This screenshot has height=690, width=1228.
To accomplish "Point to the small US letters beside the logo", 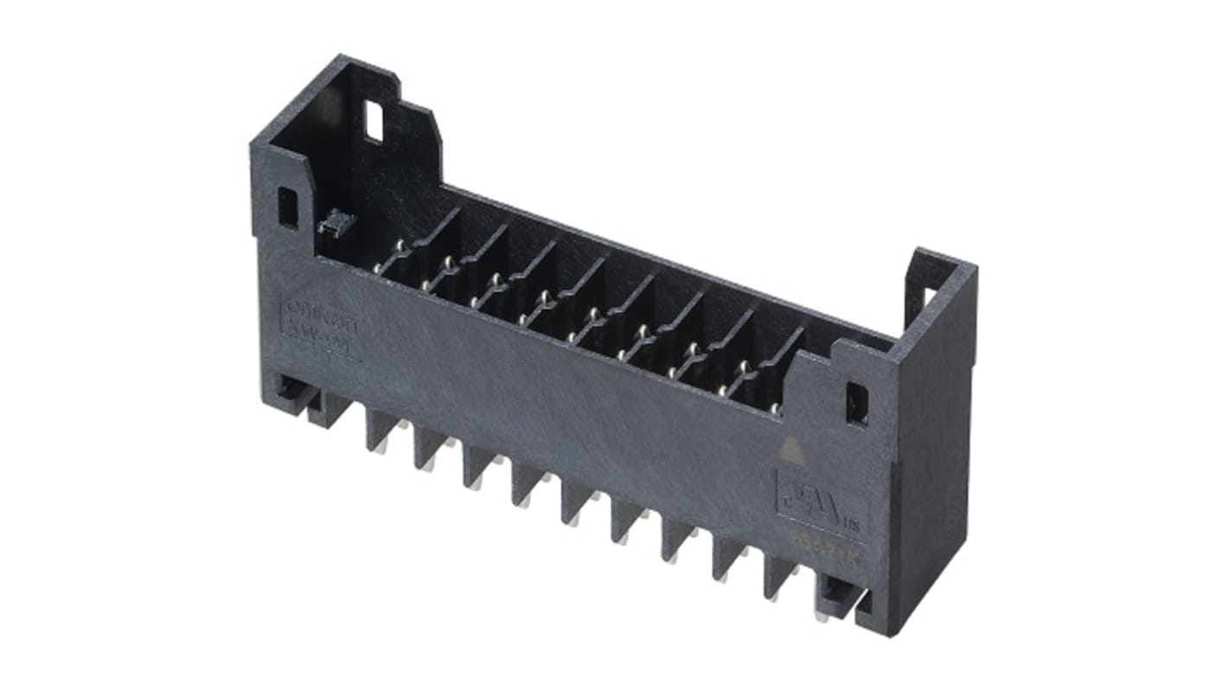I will [x=851, y=523].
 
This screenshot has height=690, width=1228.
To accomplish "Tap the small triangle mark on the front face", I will [x=790, y=447].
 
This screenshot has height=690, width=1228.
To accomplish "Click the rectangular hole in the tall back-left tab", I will [x=374, y=121].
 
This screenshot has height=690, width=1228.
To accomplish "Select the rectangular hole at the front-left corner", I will [x=287, y=208].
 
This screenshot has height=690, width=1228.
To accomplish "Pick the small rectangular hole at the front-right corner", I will [x=856, y=403].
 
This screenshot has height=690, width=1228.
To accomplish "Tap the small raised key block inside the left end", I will [x=336, y=223].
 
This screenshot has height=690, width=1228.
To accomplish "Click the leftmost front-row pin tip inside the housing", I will [x=378, y=270].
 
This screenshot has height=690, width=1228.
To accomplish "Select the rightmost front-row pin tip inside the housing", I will [x=776, y=408].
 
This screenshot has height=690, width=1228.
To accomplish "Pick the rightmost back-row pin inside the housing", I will [x=743, y=367].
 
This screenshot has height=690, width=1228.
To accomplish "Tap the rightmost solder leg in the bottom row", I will [x=778, y=581].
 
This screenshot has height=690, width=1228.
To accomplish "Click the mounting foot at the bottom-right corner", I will [x=838, y=597].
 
